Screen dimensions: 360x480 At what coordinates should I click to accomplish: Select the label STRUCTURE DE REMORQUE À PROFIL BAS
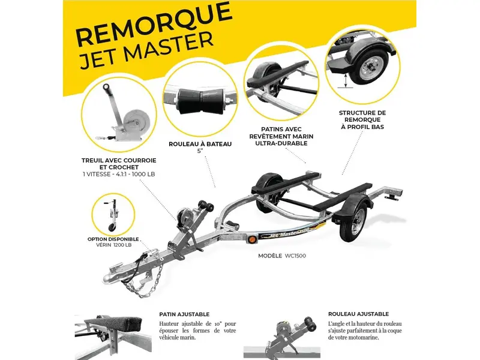coord(362,119)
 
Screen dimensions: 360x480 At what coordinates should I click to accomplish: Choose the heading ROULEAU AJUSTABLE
coord(358,314)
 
